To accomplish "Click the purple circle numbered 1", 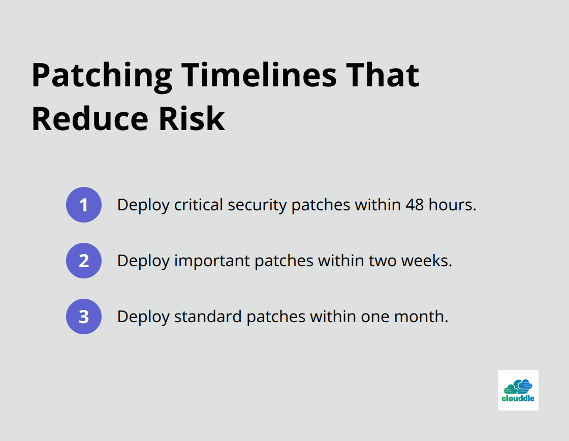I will pyautogui.click(x=84, y=205).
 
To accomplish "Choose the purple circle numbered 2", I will pyautogui.click(x=84, y=261).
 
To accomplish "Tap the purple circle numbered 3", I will pyautogui.click(x=84, y=317).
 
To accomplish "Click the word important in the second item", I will pyautogui.click(x=212, y=261).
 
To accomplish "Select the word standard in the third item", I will pyautogui.click(x=208, y=317).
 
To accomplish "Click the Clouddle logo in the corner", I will pyautogui.click(x=518, y=390).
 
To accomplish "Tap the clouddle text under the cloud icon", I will pyautogui.click(x=518, y=399).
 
